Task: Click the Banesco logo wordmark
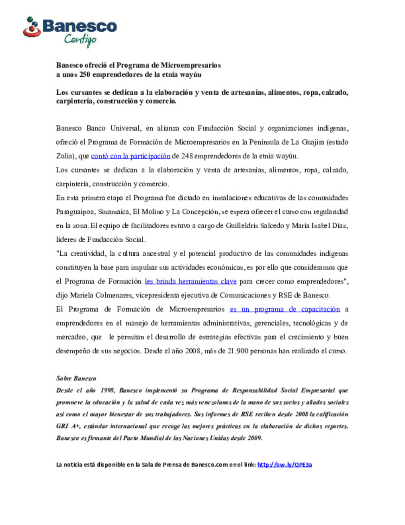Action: tap(79, 26)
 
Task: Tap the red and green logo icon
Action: tap(32, 27)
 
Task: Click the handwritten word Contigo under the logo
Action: tap(80, 39)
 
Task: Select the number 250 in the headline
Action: tap(85, 75)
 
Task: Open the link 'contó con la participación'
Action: tap(130, 156)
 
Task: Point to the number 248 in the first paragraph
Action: tap(187, 156)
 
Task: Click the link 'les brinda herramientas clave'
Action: tap(190, 282)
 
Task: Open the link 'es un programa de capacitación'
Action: tap(285, 309)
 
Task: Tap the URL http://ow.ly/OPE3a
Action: tap(285, 465)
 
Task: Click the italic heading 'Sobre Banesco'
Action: tap(76, 379)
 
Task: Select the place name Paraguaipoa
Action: tap(75, 212)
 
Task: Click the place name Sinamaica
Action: tap(114, 212)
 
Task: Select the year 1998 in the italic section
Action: tap(107, 391)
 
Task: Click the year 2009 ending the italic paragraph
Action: tap(255, 438)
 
